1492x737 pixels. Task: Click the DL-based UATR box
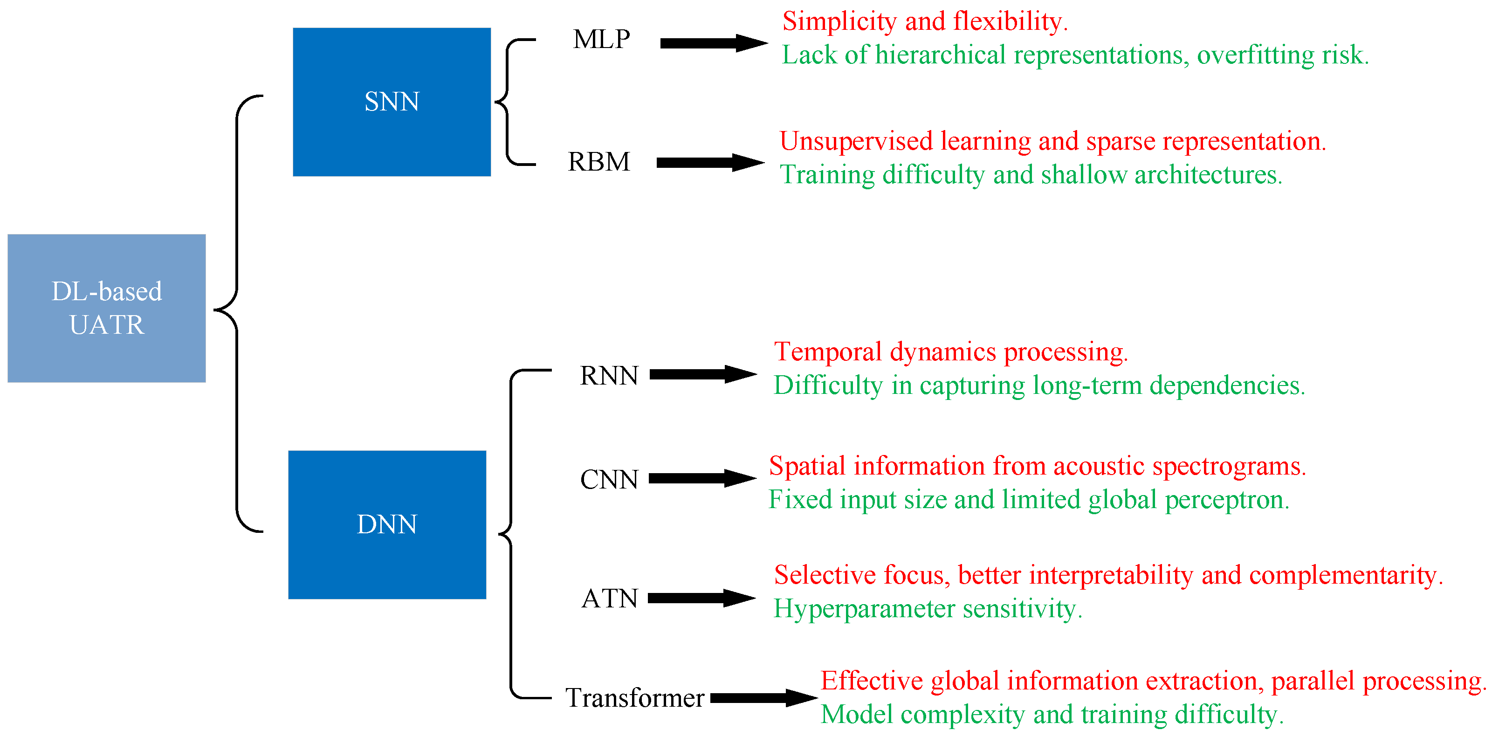pyautogui.click(x=107, y=308)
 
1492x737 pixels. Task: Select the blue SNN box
pyautogui.click(x=392, y=102)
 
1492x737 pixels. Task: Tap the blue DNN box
pyautogui.click(x=387, y=524)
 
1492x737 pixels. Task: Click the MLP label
pyautogui.click(x=601, y=40)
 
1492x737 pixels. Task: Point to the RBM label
pyautogui.click(x=598, y=162)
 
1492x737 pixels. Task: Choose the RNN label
pyautogui.click(x=609, y=375)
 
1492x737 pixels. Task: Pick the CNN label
pyautogui.click(x=609, y=480)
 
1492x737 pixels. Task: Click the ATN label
pyautogui.click(x=609, y=599)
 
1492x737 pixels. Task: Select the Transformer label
pyautogui.click(x=635, y=697)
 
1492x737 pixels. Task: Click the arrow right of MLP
pyautogui.click(x=714, y=43)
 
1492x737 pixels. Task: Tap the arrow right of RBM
pyautogui.click(x=710, y=162)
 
